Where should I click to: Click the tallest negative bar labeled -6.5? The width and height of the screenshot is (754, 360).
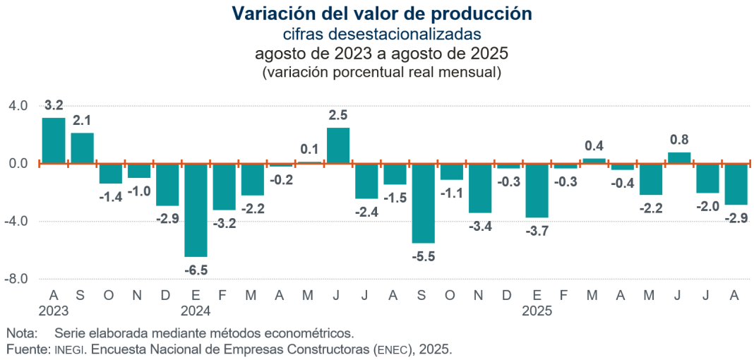click(x=196, y=210)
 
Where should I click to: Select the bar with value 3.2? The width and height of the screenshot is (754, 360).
click(x=54, y=140)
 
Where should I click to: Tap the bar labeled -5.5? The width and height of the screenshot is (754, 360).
click(x=424, y=203)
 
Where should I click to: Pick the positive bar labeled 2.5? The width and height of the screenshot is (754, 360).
click(x=338, y=145)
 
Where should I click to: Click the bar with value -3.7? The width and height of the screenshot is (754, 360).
click(x=537, y=191)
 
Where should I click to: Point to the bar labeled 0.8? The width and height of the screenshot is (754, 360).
click(x=679, y=157)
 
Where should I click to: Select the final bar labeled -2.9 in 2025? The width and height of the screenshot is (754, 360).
click(x=736, y=184)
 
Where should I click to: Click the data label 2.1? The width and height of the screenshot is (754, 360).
click(x=82, y=120)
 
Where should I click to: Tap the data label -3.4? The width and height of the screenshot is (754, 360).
click(x=480, y=226)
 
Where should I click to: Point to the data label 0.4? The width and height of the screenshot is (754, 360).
click(x=594, y=146)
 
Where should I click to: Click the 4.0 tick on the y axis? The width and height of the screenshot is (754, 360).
click(x=18, y=106)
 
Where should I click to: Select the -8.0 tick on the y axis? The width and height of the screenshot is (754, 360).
click(x=17, y=279)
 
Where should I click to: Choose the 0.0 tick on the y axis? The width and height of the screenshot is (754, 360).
click(x=18, y=164)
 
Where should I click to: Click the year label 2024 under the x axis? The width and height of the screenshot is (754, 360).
click(x=196, y=309)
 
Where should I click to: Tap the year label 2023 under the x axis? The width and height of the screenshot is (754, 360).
click(x=54, y=309)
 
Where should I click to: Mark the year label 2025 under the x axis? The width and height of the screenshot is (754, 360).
click(x=537, y=309)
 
